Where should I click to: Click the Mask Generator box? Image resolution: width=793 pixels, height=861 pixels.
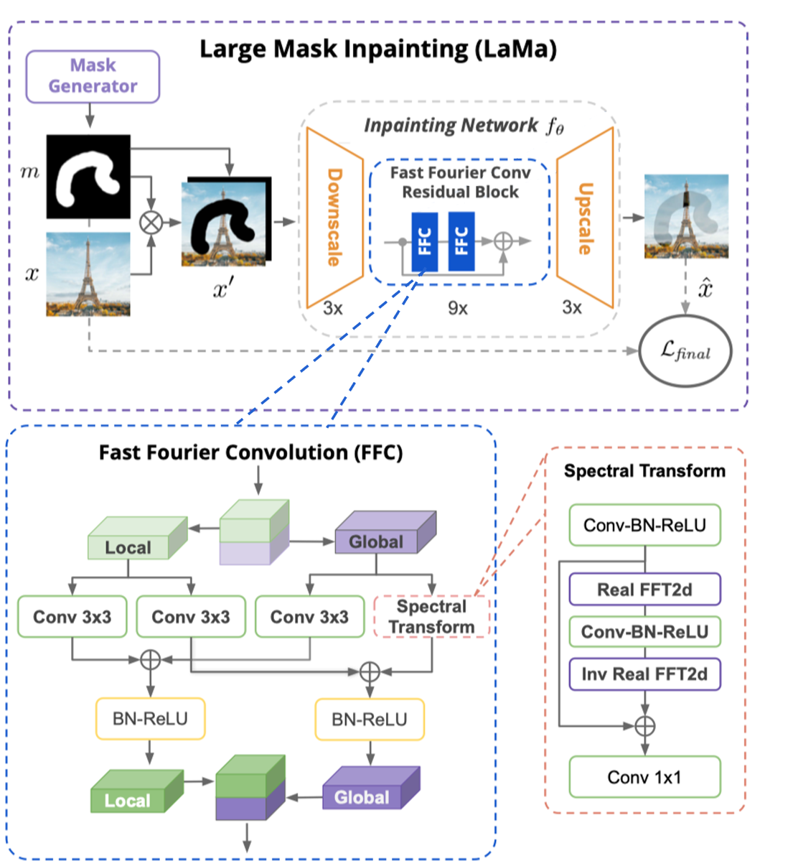(93, 76)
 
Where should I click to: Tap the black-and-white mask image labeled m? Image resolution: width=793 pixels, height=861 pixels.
(88, 177)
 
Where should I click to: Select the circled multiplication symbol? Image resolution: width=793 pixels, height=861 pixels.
(151, 223)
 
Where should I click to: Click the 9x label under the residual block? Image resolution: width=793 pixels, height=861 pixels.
(458, 308)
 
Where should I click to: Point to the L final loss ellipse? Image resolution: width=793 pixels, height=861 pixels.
(685, 351)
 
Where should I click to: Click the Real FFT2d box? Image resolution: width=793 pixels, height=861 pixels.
(644, 590)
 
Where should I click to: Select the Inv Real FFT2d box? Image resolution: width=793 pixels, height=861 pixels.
(644, 674)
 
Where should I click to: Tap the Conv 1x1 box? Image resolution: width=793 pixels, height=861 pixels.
(644, 777)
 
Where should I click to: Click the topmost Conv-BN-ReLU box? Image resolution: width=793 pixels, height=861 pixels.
(644, 525)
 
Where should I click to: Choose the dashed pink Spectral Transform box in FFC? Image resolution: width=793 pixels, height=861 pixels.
(432, 617)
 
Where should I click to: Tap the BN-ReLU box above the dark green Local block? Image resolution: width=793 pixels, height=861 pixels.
(150, 719)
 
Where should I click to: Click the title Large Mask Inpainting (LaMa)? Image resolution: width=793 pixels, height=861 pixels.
(377, 50)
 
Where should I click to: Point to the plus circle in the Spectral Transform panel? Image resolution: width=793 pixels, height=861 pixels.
(645, 725)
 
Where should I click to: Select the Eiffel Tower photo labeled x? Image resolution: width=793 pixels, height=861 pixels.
(88, 274)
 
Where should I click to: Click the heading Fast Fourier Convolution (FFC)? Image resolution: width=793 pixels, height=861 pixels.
(250, 452)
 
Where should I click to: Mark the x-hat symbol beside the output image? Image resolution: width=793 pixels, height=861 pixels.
(705, 289)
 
